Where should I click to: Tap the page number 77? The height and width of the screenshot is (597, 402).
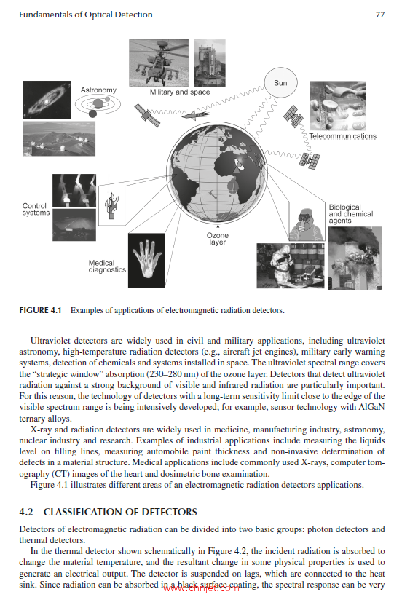click(x=380, y=15)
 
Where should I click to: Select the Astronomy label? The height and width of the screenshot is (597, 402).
click(x=98, y=90)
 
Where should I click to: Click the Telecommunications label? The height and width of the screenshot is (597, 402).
click(x=342, y=136)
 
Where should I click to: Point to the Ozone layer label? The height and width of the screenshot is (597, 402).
click(x=217, y=238)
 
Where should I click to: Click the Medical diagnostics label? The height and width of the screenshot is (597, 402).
click(x=107, y=266)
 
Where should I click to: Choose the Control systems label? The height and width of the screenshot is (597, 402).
click(x=36, y=209)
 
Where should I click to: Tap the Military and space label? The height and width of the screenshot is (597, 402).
click(x=180, y=92)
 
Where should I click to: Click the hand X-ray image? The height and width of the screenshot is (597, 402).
click(x=146, y=261)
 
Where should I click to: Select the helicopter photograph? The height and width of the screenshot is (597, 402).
click(x=159, y=63)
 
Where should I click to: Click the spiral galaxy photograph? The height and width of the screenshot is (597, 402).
click(x=47, y=100)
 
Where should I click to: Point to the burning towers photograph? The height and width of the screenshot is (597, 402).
click(x=355, y=258)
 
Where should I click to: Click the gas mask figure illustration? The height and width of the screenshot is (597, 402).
click(x=307, y=221)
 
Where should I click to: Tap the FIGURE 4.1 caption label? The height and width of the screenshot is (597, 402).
click(x=40, y=310)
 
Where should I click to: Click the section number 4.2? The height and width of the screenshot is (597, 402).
click(x=26, y=512)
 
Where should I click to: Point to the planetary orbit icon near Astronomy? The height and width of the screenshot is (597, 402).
click(x=98, y=105)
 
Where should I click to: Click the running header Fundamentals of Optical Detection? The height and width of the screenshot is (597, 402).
click(x=86, y=15)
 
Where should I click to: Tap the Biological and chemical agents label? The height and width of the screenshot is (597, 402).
click(x=350, y=213)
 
